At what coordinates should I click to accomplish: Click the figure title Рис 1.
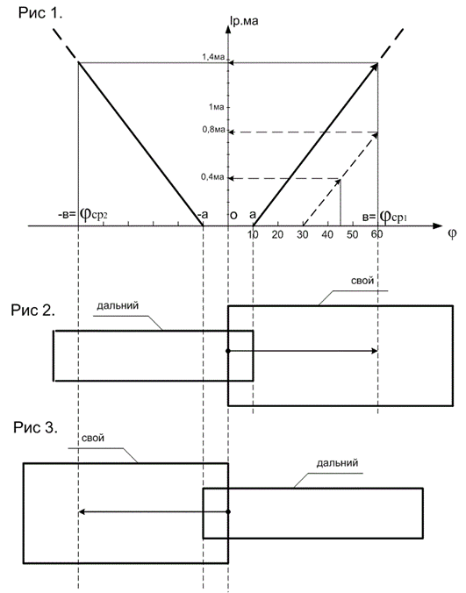pyautogui.click(x=40, y=13)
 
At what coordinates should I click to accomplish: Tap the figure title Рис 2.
pyautogui.click(x=33, y=311)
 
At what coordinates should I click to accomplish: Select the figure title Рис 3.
pyautogui.click(x=36, y=427)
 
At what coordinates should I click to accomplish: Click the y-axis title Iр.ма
pyautogui.click(x=244, y=20)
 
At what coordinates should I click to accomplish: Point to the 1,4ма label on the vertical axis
pyautogui.click(x=213, y=57)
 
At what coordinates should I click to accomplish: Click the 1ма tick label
pyautogui.click(x=217, y=107)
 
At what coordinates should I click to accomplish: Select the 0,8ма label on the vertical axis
pyautogui.click(x=214, y=130)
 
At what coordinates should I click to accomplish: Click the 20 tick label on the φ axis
pyautogui.click(x=277, y=235)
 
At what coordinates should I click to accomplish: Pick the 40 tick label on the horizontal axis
pyautogui.click(x=327, y=235)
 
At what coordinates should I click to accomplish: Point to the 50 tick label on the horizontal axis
pyautogui.click(x=352, y=235)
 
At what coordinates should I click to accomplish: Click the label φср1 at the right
pyautogui.click(x=393, y=217)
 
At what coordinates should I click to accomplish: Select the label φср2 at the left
pyautogui.click(x=94, y=215)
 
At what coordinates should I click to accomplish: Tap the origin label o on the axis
pyautogui.click(x=233, y=215)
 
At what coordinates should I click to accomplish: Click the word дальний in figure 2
pyautogui.click(x=118, y=305)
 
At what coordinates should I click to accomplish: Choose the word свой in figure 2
pyautogui.click(x=362, y=281)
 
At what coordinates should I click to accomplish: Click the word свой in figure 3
pyautogui.click(x=93, y=438)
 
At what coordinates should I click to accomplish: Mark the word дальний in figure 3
pyautogui.click(x=337, y=463)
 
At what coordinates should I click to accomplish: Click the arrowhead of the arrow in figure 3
pyautogui.click(x=81, y=512)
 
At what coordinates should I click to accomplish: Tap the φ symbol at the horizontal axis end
pyautogui.click(x=452, y=233)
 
